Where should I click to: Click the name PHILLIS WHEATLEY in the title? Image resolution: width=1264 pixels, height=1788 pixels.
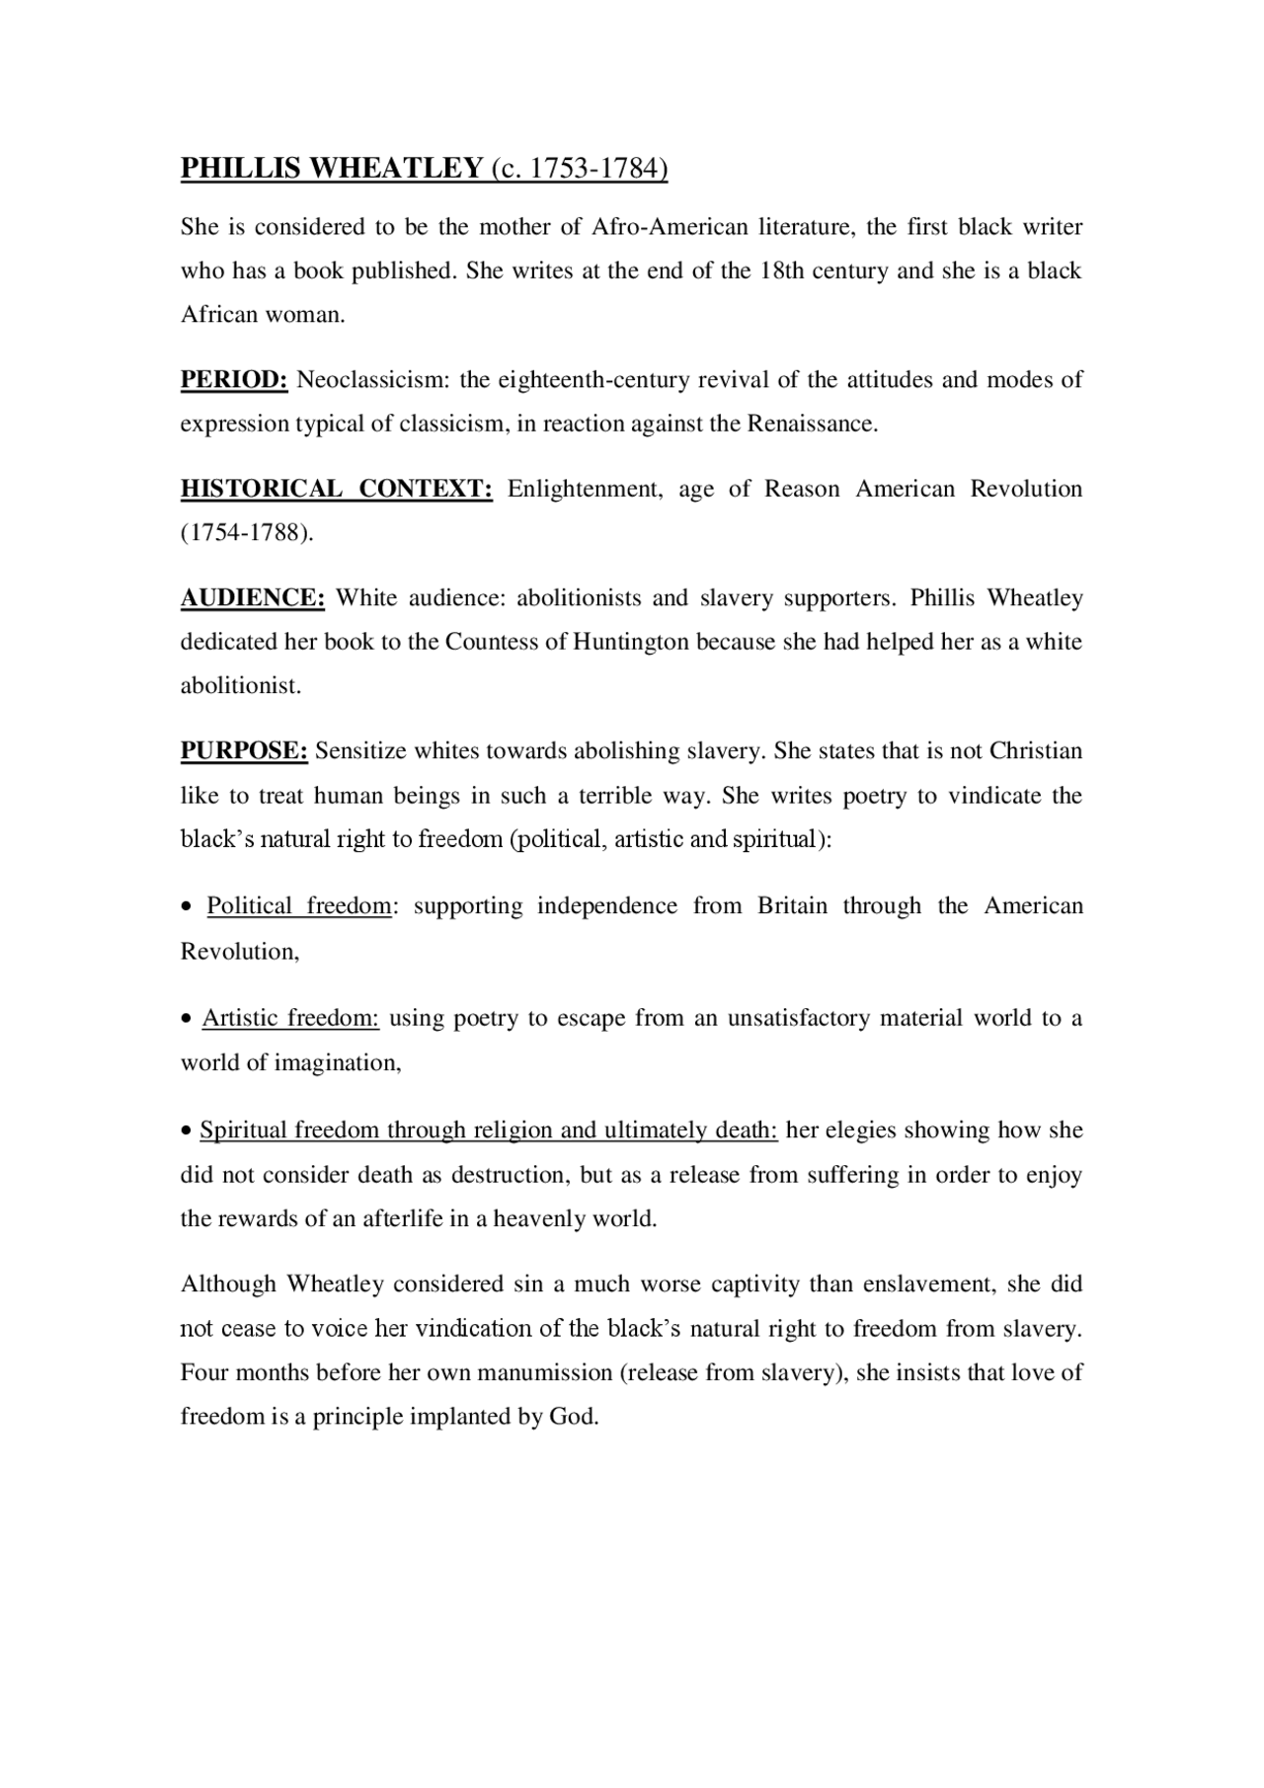[x=331, y=169]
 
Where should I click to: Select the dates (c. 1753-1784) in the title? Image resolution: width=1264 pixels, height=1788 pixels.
[x=579, y=169]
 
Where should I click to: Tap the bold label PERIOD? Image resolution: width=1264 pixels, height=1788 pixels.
[x=233, y=380]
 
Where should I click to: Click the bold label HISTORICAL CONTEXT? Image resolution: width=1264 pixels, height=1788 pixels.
[x=336, y=489]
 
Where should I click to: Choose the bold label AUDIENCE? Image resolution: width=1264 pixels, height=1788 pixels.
[x=252, y=598]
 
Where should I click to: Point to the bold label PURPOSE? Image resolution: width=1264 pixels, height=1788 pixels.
[x=244, y=751]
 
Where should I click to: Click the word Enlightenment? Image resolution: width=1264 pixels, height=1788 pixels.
[x=585, y=489]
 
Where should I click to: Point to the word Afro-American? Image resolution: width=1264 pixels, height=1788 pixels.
[x=670, y=227]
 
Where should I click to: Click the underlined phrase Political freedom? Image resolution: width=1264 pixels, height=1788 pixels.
[x=299, y=906]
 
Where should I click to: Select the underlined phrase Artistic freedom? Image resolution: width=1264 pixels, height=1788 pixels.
[x=290, y=1018]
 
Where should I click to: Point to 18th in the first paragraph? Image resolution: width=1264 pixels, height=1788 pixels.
[x=781, y=272]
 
